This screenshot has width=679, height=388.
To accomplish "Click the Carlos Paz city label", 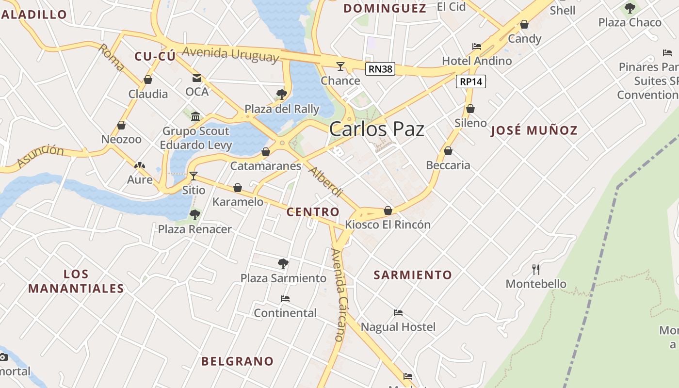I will [376, 129].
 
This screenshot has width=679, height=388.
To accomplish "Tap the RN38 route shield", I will [380, 69].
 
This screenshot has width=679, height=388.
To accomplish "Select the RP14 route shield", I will [470, 81].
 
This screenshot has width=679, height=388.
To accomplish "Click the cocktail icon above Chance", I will [340, 66].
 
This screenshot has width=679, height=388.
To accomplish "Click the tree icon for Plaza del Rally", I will [281, 94].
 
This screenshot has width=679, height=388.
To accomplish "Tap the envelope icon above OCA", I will [197, 78].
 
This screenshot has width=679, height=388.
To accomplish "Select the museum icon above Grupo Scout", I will [195, 116].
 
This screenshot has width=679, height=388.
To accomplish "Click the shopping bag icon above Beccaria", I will [448, 151].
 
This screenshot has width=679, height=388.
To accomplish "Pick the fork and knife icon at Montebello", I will [535, 269].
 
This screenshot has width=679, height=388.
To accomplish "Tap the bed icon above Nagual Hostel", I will [398, 313].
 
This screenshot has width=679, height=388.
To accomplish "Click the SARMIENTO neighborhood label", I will [413, 275].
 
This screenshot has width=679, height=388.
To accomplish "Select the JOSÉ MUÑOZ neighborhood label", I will [534, 130].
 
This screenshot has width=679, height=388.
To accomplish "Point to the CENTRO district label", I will [313, 212].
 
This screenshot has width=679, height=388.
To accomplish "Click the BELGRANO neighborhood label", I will [237, 361].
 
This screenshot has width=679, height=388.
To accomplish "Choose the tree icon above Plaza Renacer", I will [195, 214].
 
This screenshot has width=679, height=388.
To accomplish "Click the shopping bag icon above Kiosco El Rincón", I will [388, 210].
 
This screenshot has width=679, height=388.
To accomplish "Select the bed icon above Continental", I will [285, 299].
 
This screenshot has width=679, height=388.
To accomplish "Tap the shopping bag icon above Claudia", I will [148, 80].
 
